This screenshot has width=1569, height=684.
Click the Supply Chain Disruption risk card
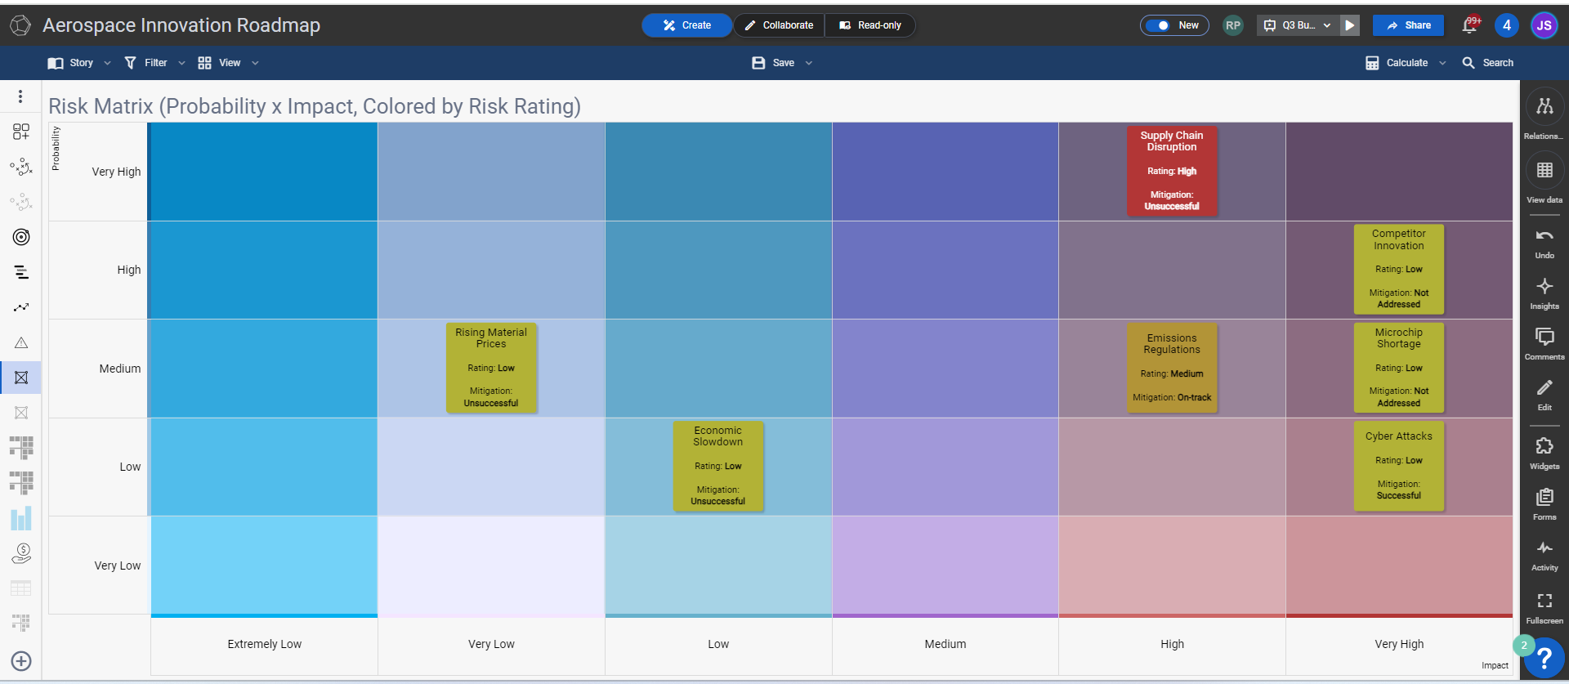[1172, 171]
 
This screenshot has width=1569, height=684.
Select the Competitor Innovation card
[1399, 269]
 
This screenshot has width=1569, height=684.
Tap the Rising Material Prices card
[491, 368]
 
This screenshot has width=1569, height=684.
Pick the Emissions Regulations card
[1172, 368]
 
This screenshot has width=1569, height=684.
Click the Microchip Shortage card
[1399, 368]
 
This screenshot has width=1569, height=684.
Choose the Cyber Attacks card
[1399, 466]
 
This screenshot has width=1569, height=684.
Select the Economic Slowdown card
[718, 466]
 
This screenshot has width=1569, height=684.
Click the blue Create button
[686, 25]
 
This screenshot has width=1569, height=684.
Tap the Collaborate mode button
[779, 25]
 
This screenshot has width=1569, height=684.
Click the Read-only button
[870, 25]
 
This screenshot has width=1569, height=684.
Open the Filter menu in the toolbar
[154, 63]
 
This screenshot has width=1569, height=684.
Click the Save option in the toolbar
[782, 63]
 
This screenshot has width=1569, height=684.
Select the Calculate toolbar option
[1406, 63]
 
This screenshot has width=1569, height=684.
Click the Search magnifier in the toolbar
[1468, 63]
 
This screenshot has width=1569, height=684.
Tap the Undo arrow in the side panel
[1544, 235]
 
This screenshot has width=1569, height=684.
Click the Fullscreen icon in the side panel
[1544, 601]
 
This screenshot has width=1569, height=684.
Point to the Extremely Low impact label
[265, 644]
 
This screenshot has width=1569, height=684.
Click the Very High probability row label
[116, 172]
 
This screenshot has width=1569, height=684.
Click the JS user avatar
[1544, 25]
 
